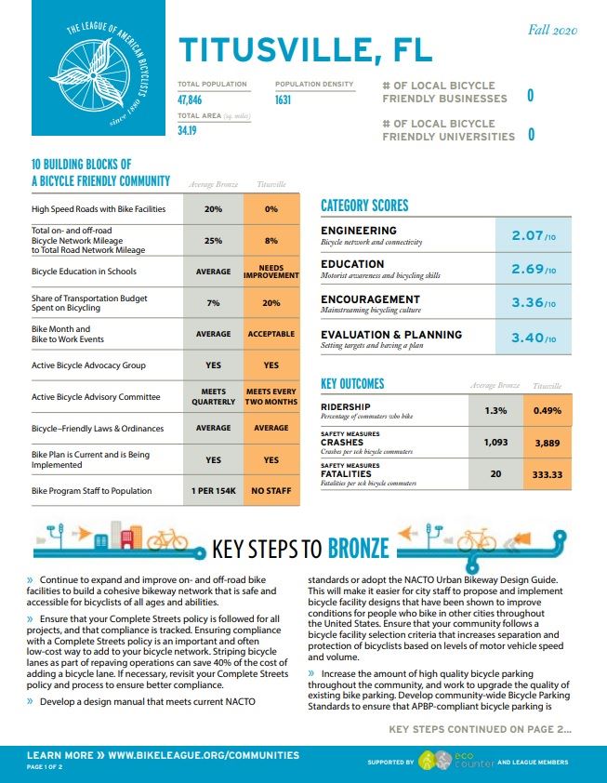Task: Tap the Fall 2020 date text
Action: [553, 31]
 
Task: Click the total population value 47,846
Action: [190, 100]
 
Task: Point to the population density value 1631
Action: [284, 100]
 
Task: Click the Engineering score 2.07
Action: [534, 237]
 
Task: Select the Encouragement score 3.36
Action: [534, 302]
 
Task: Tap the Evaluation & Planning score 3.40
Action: [534, 337]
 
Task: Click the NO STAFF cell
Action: [271, 490]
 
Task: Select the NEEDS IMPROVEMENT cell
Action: [271, 272]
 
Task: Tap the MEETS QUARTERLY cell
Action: [213, 397]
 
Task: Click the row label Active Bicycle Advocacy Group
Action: [88, 365]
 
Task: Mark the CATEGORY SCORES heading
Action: [364, 206]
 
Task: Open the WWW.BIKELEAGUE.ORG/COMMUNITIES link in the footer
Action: [204, 755]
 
